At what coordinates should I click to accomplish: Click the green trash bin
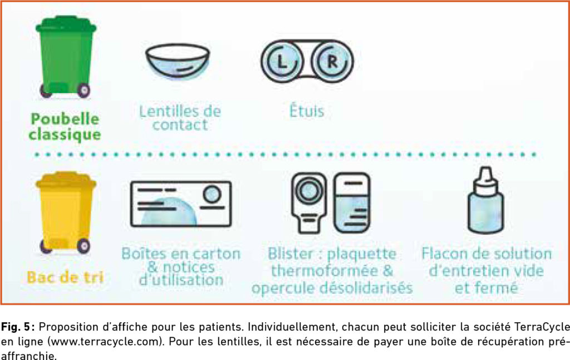(x=66, y=57)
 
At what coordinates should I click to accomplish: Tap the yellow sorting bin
(x=66, y=213)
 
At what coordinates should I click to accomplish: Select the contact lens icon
(x=178, y=61)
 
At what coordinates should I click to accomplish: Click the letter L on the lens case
(x=282, y=62)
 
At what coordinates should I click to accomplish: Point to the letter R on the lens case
(x=332, y=62)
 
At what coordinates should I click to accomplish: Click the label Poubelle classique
(x=65, y=127)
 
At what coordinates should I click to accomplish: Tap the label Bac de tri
(x=65, y=278)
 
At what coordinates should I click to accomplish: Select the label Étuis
(x=307, y=110)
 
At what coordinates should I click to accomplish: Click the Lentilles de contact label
(x=180, y=118)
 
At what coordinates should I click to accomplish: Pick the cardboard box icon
(x=181, y=204)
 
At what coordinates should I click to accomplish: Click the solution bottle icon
(x=485, y=200)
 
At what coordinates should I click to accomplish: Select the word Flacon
(x=444, y=254)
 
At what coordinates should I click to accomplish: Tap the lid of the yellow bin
(x=66, y=180)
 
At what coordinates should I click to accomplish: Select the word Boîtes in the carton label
(x=142, y=254)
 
